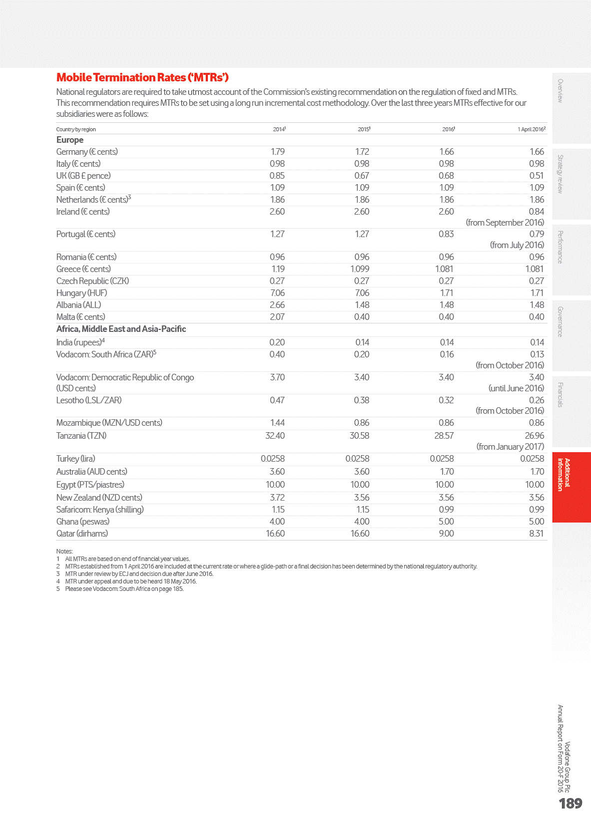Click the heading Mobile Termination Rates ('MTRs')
click(x=142, y=77)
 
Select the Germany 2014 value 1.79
click(x=277, y=152)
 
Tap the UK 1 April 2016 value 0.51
click(x=537, y=176)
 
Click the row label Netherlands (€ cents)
click(x=92, y=200)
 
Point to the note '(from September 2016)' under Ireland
click(x=505, y=223)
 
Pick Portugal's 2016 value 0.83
click(x=446, y=234)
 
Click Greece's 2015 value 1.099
click(x=360, y=269)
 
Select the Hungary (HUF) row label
click(x=81, y=293)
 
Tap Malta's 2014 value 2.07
click(x=277, y=317)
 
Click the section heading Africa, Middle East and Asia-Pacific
click(x=121, y=329)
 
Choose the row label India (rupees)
click(x=79, y=342)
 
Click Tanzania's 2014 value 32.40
click(x=275, y=436)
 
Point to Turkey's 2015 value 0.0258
click(x=357, y=459)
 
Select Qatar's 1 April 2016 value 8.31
click(x=536, y=534)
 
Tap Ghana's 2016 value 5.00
click(x=446, y=522)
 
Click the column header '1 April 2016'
click(x=531, y=129)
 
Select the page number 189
click(x=570, y=804)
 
